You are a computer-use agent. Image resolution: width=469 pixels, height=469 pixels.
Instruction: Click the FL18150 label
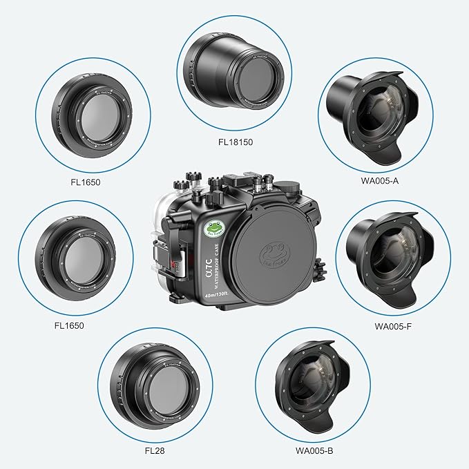pos(233,146)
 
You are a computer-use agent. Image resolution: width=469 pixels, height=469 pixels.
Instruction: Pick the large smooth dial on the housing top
pos(290,187)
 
